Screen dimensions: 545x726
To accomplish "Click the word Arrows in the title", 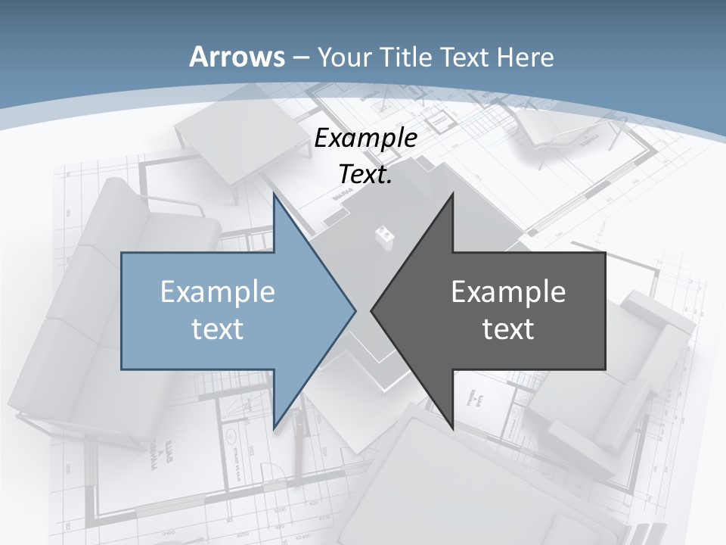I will coord(237,57).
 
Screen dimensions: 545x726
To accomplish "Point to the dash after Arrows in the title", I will coord(300,58).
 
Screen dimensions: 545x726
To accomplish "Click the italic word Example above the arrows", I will coord(365,139).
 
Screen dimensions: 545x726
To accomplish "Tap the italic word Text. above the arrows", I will coord(365,174).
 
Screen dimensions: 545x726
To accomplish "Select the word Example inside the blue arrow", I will coord(217,292).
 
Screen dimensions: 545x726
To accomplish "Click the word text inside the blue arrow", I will coord(217,329).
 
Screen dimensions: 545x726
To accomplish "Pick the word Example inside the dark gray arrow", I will coord(508,292).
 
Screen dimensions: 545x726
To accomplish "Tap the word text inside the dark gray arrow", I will coord(508,329).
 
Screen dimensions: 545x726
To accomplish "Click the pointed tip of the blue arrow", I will coord(355,310).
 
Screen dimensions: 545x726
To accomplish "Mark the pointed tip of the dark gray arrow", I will coord(371,310).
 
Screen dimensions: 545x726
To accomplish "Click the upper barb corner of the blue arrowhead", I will coord(274,194).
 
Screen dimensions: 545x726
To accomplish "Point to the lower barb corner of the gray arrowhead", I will coord(452,428).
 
